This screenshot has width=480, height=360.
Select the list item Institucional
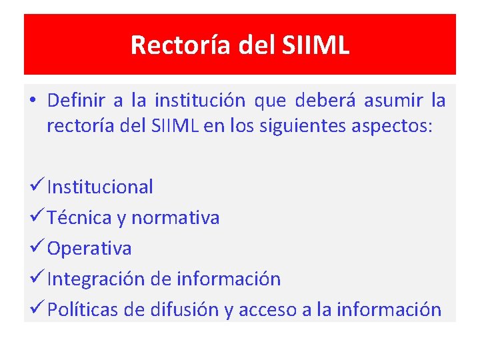pos(100,187)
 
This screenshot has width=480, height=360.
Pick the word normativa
pos(175,218)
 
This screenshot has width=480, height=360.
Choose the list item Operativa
pos(89,249)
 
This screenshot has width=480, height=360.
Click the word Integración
pos(96,279)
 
